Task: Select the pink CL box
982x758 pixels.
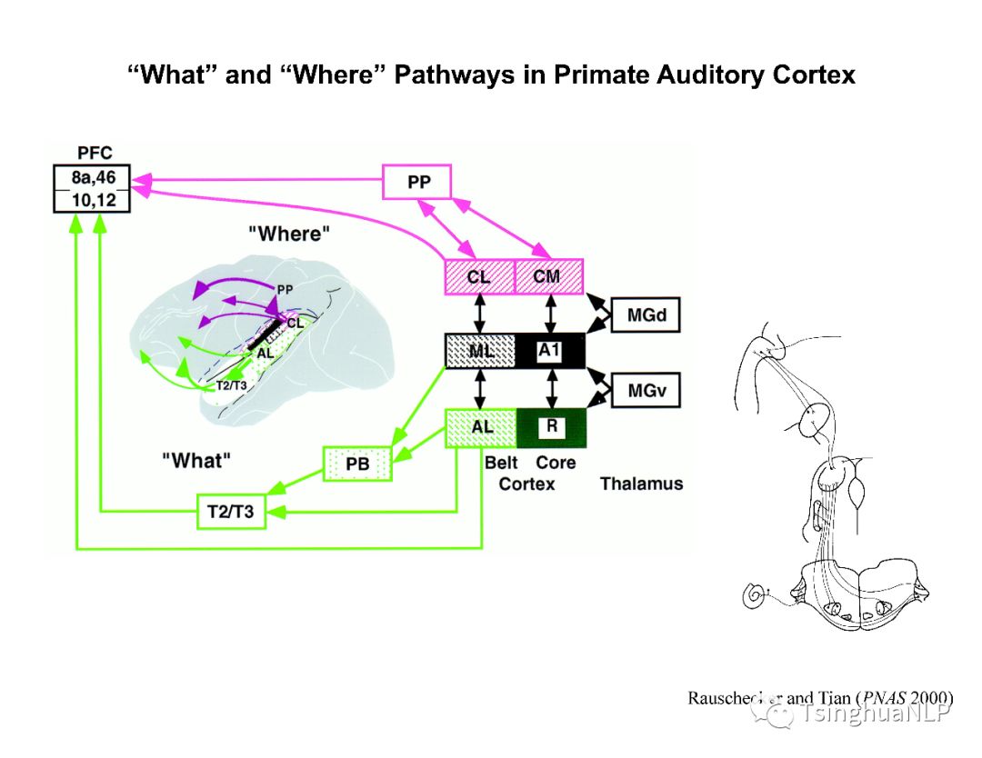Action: click(479, 276)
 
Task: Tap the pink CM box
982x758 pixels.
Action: click(548, 276)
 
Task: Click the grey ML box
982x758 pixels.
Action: click(479, 351)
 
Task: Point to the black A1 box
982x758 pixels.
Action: click(549, 351)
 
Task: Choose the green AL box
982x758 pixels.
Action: click(480, 427)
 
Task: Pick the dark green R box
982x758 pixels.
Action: click(551, 427)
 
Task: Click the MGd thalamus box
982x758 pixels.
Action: click(645, 314)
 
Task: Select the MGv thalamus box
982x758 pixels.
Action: click(645, 391)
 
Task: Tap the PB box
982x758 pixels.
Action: click(357, 464)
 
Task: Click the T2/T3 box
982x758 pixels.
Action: click(231, 513)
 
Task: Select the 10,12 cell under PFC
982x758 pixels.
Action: click(94, 200)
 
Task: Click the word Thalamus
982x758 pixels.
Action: click(641, 484)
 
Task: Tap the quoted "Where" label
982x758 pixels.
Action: click(289, 234)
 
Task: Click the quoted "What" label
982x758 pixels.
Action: click(196, 460)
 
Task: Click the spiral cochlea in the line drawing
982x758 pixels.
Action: click(755, 595)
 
